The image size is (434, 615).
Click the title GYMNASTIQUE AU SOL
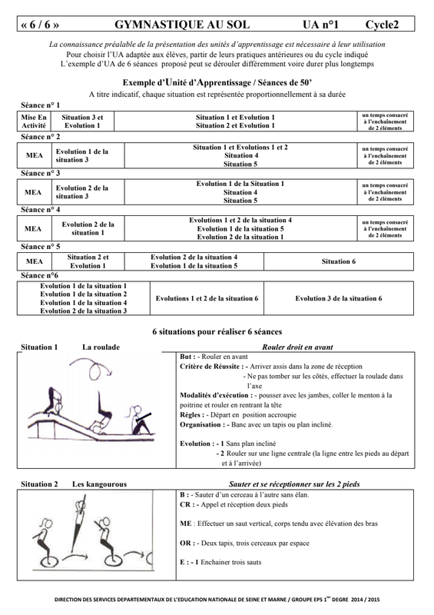coord(182,25)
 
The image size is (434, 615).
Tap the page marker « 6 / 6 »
coord(40,25)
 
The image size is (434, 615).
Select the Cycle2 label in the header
coord(382,25)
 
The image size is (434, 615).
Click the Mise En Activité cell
coord(34,121)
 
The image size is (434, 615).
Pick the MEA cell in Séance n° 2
coord(34,155)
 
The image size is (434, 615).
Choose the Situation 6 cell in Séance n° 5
coord(339,261)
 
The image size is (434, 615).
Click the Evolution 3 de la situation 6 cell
coord(339,298)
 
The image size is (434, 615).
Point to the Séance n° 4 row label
coord(41,210)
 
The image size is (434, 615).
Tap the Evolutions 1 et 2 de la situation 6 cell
coord(207,298)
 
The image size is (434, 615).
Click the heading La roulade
coord(101,347)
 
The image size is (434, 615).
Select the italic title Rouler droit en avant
coord(297,347)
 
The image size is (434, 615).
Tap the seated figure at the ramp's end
coord(138,420)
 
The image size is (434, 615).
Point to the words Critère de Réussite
coord(210,367)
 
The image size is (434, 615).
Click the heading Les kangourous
coord(99,484)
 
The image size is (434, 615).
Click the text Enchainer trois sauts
coord(231,562)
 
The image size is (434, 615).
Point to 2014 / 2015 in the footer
coord(366,600)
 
